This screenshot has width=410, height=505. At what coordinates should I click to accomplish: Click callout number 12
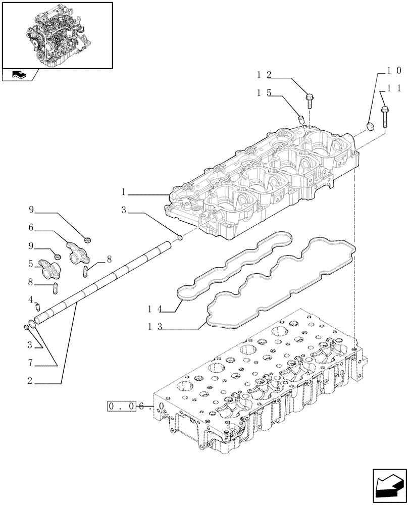(264, 75)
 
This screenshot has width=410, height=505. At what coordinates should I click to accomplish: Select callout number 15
(264, 93)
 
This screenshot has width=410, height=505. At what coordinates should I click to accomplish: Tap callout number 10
(394, 70)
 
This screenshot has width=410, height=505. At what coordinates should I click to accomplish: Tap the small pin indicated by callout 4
(37, 305)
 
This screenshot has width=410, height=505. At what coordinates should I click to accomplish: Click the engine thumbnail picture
(57, 34)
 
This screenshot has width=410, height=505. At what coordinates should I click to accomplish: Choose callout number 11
(394, 88)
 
